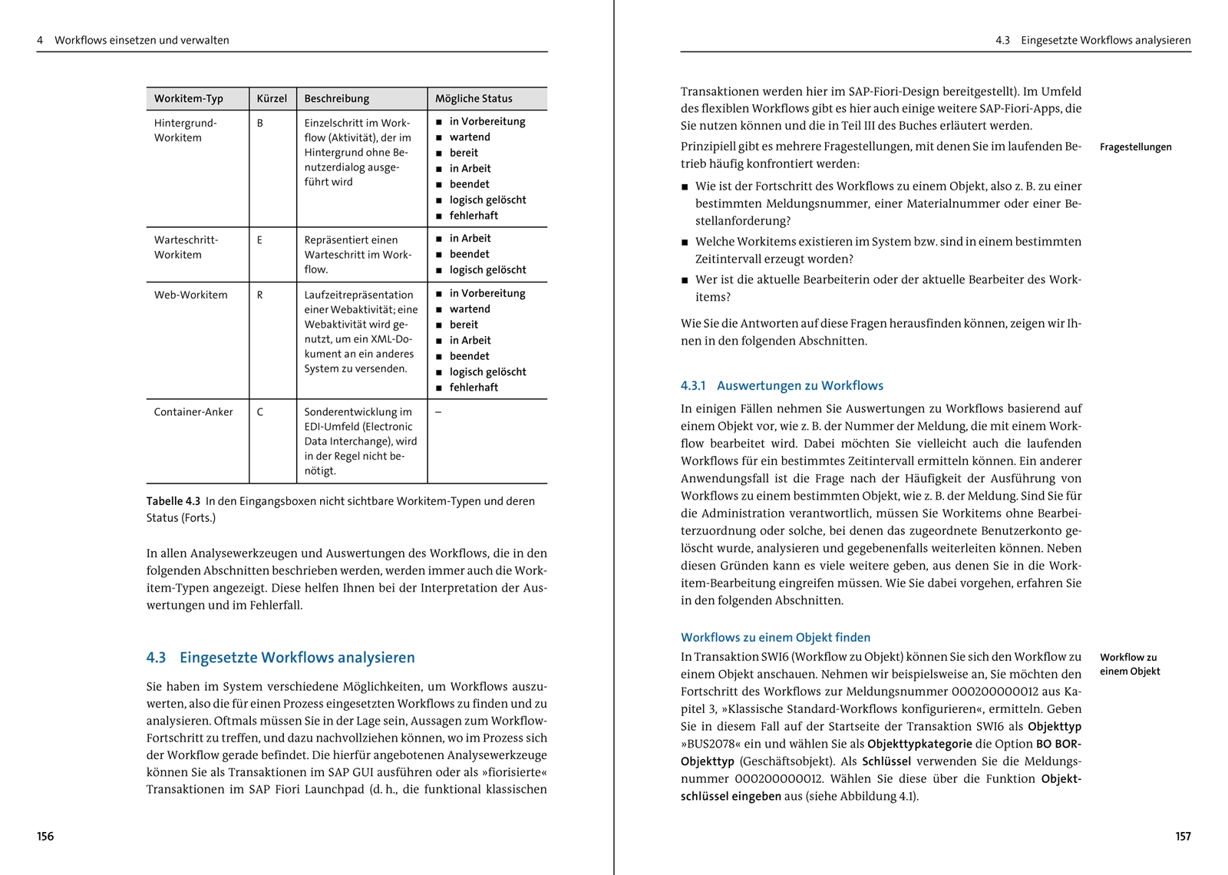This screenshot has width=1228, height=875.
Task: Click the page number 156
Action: click(x=45, y=836)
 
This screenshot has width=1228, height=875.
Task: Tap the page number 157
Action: click(x=1183, y=836)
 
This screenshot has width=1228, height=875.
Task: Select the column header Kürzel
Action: click(x=272, y=98)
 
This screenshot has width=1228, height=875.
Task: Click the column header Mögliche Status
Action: click(x=474, y=98)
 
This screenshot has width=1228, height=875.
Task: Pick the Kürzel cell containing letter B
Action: click(x=260, y=123)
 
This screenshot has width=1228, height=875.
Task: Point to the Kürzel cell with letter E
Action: click(x=259, y=240)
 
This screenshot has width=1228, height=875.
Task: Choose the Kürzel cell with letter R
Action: click(x=260, y=295)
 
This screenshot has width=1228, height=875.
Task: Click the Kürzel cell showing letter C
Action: click(x=260, y=412)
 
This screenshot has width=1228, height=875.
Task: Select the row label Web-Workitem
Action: click(x=190, y=295)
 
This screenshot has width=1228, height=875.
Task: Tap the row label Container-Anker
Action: click(x=193, y=412)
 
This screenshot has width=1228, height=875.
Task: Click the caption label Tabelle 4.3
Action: click(x=173, y=501)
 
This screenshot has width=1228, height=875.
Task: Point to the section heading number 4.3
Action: click(x=156, y=658)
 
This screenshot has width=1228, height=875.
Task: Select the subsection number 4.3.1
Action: click(x=693, y=386)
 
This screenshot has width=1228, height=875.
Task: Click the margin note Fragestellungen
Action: click(x=1135, y=147)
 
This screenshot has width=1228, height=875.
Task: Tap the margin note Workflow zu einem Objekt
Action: click(x=1129, y=664)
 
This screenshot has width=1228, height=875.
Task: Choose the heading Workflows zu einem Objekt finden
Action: click(x=775, y=637)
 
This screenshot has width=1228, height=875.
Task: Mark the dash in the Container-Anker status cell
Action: click(x=438, y=412)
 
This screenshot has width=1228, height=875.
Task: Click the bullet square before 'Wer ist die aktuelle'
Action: click(x=685, y=281)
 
